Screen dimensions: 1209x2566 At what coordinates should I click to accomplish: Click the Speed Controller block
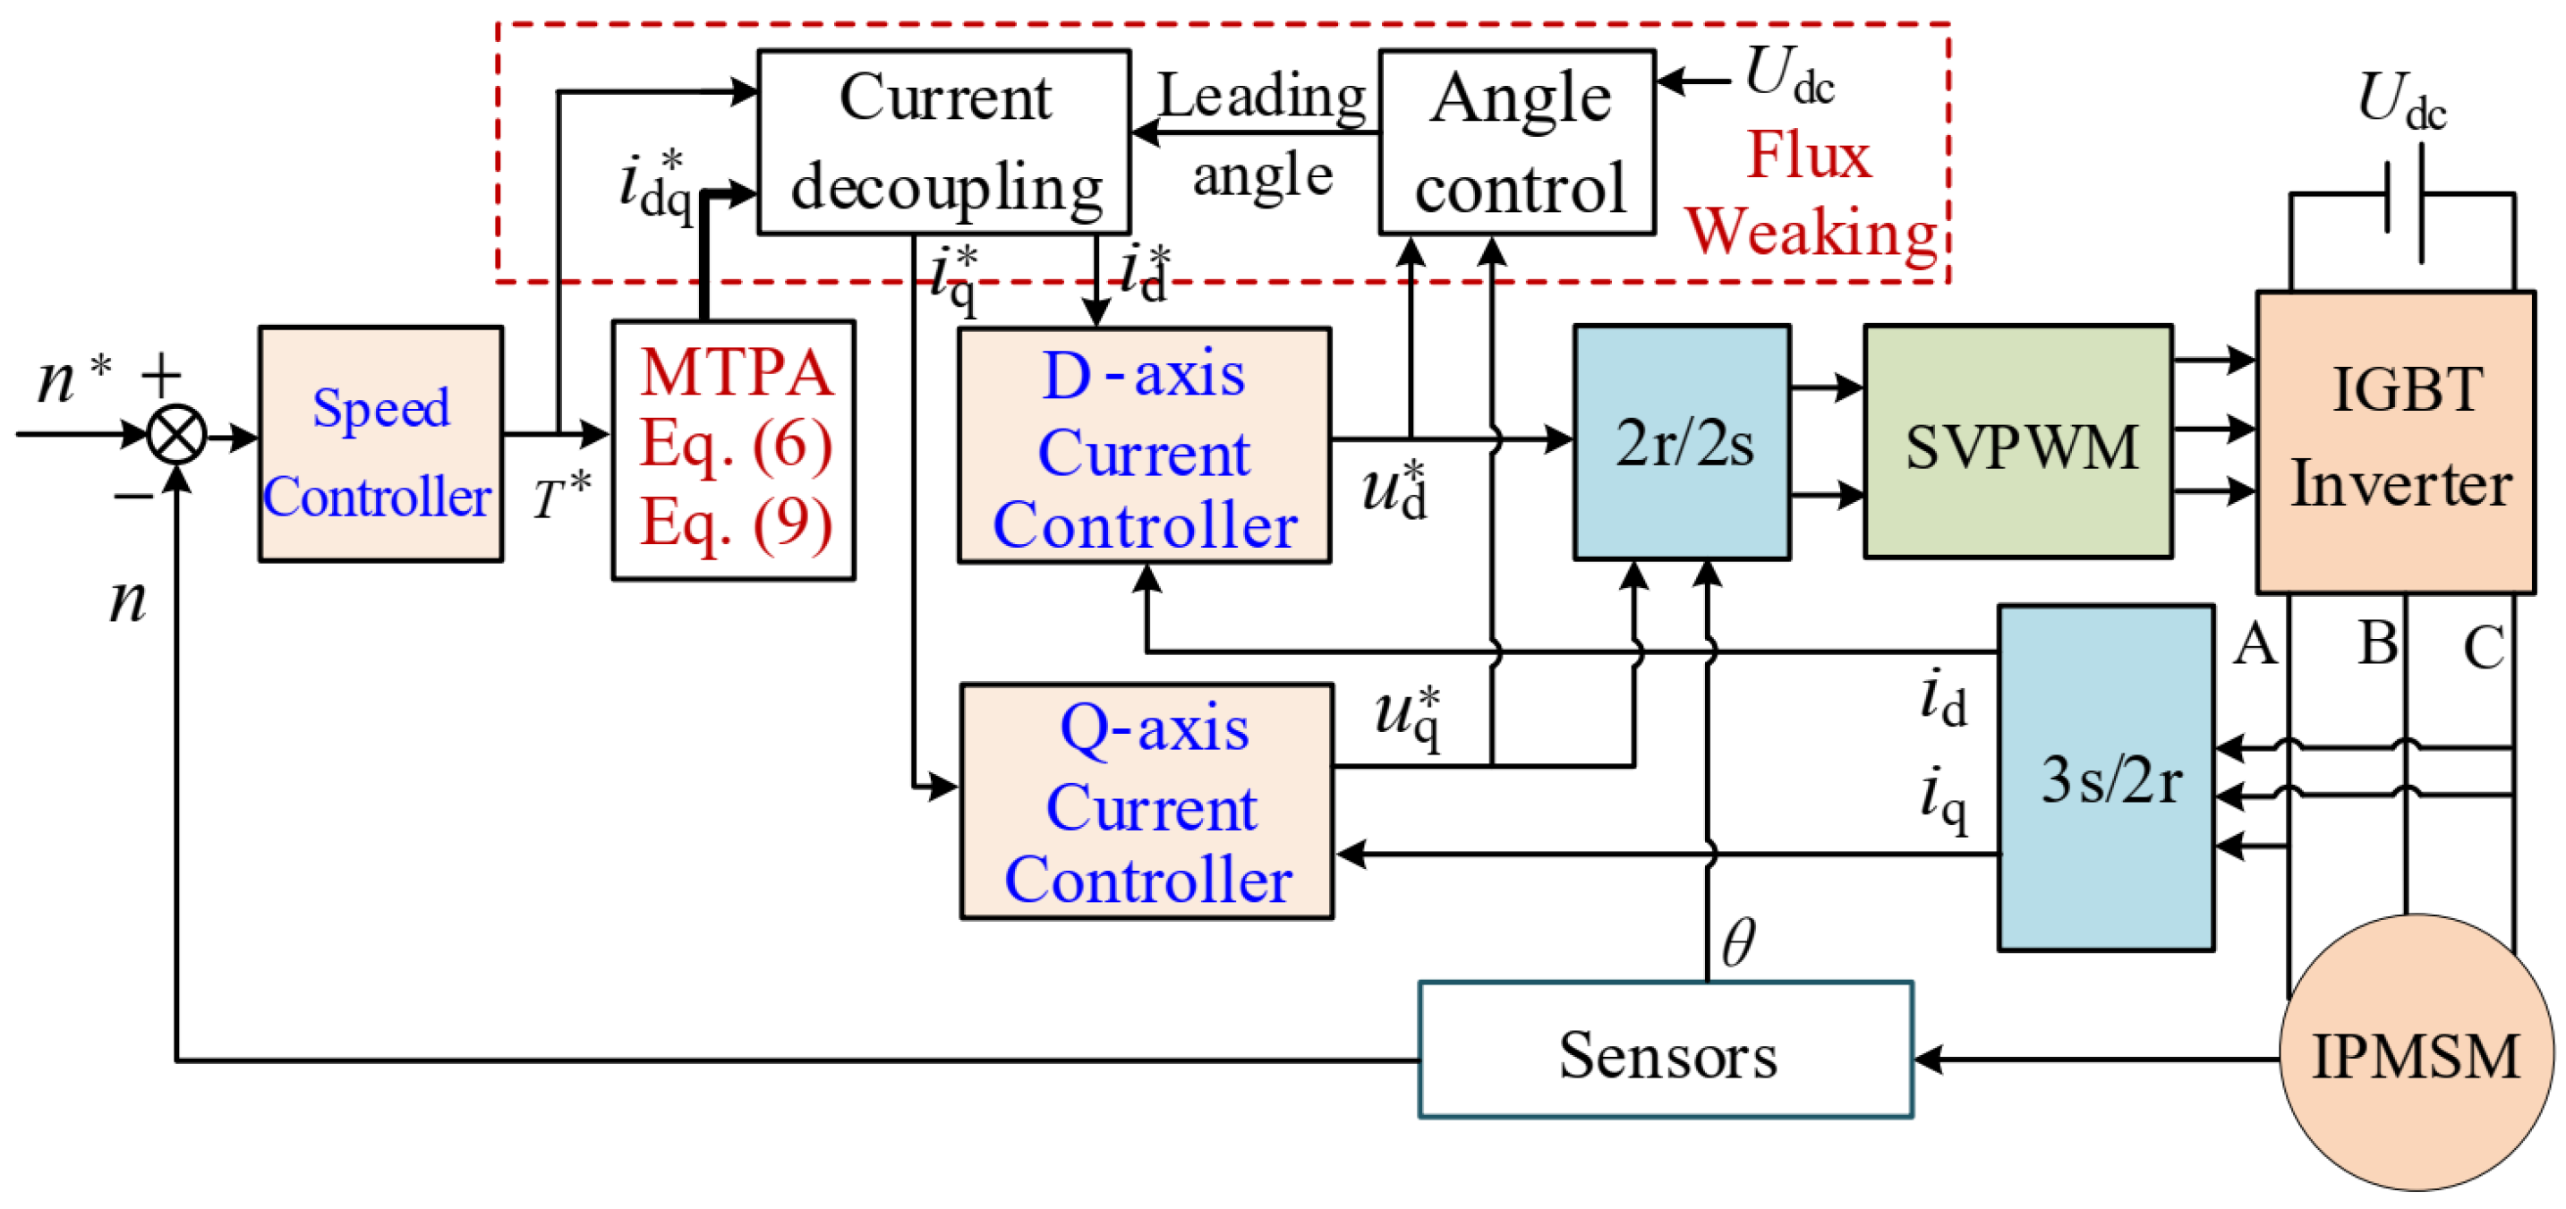(x=379, y=444)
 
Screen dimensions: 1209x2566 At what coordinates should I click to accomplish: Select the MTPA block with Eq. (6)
(x=733, y=449)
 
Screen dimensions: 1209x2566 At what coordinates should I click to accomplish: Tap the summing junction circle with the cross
(x=176, y=435)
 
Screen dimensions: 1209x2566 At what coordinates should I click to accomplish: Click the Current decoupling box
(x=943, y=141)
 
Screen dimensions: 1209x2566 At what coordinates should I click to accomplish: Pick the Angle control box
(x=1516, y=141)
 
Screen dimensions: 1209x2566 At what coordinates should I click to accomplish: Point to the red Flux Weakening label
(x=1809, y=194)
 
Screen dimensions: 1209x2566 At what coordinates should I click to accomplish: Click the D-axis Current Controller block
(x=1144, y=445)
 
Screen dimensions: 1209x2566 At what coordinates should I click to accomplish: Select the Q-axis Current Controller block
(x=1147, y=801)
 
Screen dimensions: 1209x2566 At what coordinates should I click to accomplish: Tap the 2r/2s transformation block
(x=1682, y=442)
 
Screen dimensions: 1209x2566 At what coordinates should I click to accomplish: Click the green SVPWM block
(x=2017, y=442)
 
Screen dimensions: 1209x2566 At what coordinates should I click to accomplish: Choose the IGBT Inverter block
(x=2395, y=442)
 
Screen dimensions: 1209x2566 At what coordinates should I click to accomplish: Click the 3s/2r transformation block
(x=2106, y=778)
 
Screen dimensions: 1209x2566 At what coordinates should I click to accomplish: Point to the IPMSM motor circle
(x=2415, y=1053)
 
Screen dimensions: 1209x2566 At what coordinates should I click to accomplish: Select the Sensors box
(x=1665, y=1050)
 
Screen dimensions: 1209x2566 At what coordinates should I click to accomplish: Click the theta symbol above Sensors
(x=1739, y=941)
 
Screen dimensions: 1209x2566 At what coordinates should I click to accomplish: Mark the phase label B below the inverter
(x=2378, y=643)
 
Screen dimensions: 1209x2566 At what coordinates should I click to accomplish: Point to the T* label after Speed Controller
(x=562, y=495)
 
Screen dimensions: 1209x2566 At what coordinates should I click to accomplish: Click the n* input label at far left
(x=72, y=379)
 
